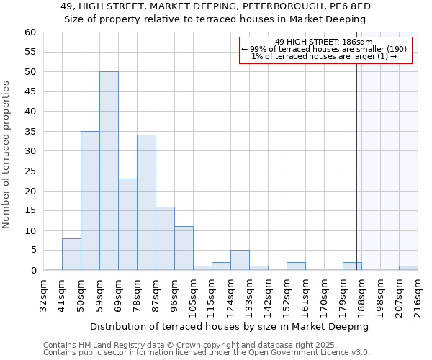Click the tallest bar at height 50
click(x=109, y=171)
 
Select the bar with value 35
click(x=90, y=201)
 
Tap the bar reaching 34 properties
click(x=146, y=202)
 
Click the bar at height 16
click(x=165, y=238)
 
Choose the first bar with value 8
click(x=71, y=254)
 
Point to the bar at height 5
click(x=240, y=260)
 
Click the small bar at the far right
click(x=408, y=268)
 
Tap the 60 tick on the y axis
click(x=30, y=32)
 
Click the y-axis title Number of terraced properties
click(x=7, y=155)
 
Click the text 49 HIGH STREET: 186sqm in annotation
click(x=324, y=42)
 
